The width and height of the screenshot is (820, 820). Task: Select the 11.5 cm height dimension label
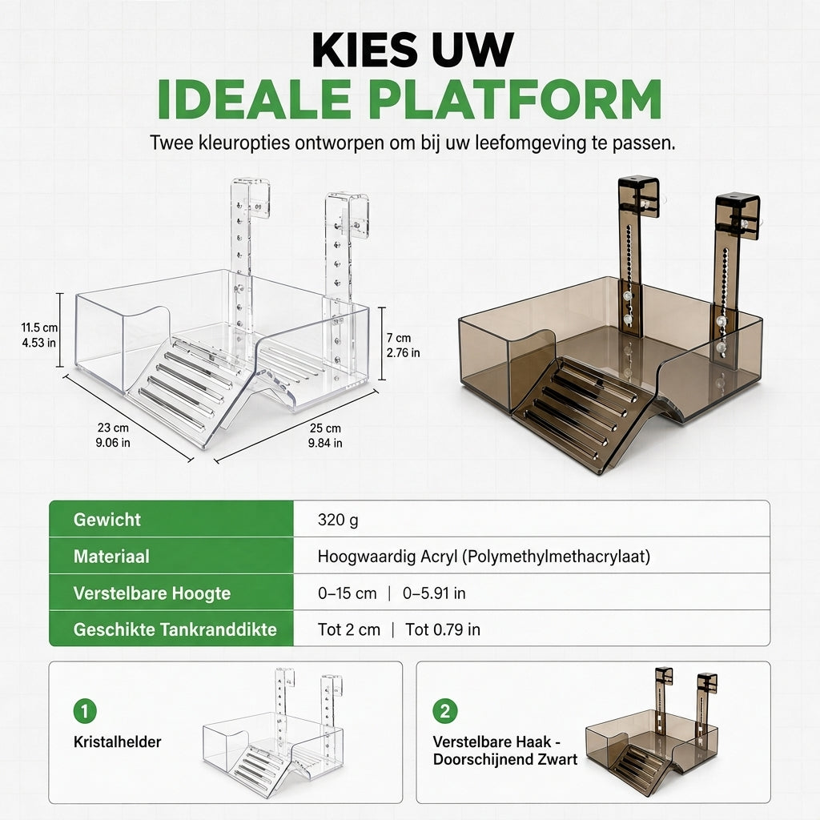(x=39, y=336)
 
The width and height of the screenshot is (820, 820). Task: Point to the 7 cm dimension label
(x=404, y=345)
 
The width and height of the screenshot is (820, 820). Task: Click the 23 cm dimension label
(x=112, y=435)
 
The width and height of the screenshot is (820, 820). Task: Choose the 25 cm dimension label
(x=325, y=436)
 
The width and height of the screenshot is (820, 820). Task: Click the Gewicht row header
(x=107, y=519)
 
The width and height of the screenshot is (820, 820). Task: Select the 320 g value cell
(x=338, y=520)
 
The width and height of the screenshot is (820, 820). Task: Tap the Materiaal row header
(x=111, y=556)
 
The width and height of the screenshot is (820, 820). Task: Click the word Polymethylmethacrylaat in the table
(x=557, y=557)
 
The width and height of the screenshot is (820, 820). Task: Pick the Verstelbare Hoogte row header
(x=151, y=593)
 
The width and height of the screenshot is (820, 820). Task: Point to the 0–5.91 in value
(x=434, y=593)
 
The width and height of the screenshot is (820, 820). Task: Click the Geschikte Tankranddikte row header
(x=175, y=629)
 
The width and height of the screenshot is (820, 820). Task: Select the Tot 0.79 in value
(x=442, y=629)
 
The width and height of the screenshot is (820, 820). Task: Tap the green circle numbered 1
(x=85, y=711)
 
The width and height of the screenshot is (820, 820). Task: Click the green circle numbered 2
(x=445, y=711)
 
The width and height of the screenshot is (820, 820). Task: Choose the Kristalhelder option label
(x=117, y=742)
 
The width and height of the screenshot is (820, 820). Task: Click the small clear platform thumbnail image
(x=273, y=732)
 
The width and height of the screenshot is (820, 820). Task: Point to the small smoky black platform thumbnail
(x=652, y=732)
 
